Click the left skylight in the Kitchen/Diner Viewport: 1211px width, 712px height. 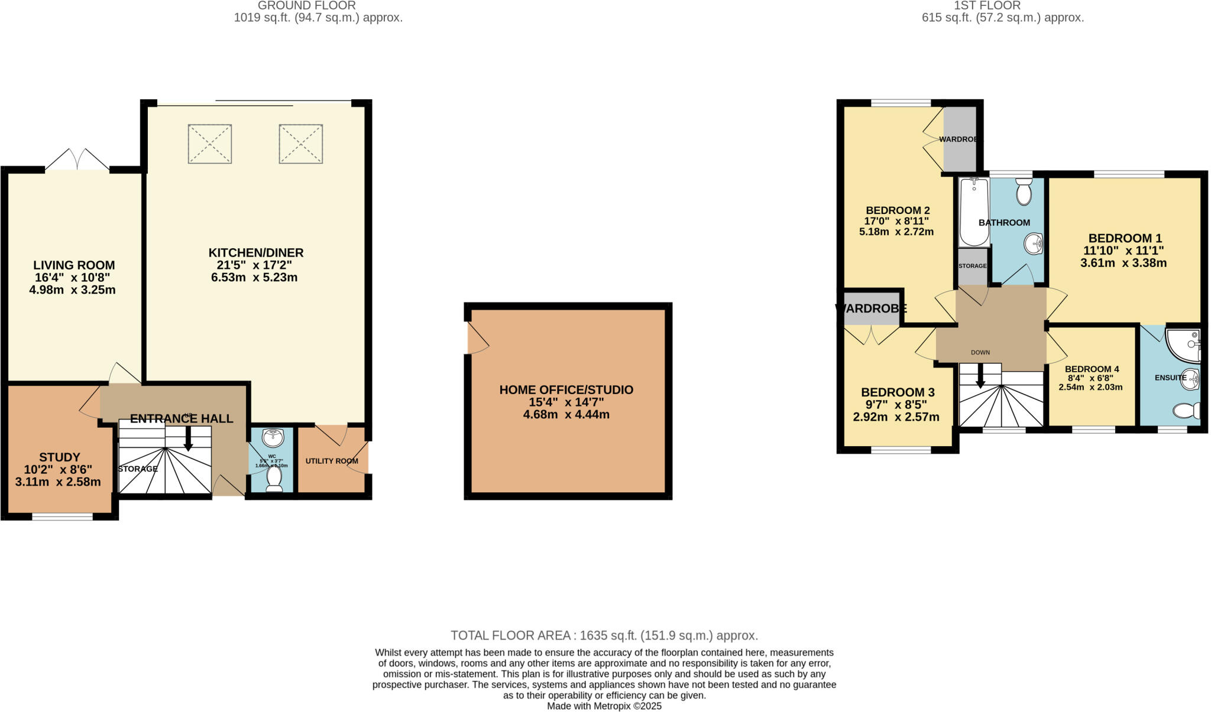[x=210, y=144]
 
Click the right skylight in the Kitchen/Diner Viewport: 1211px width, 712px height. [x=301, y=144]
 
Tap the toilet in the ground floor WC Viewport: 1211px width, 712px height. [x=274, y=478]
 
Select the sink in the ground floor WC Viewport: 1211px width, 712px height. [x=273, y=438]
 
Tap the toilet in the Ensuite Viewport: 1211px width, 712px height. [x=1186, y=411]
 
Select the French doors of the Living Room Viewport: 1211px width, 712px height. [x=77, y=160]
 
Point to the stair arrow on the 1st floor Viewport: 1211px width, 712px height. [x=980, y=376]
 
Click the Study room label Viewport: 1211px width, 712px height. [x=59, y=457]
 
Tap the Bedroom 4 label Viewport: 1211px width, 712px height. [x=1092, y=369]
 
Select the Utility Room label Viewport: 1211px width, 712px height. [x=331, y=461]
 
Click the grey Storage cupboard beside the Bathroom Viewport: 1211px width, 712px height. [x=972, y=266]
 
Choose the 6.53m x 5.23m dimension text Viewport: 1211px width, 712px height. [x=254, y=278]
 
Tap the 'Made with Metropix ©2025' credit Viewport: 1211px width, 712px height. [x=604, y=706]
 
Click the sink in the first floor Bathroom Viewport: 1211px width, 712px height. [x=1034, y=243]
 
